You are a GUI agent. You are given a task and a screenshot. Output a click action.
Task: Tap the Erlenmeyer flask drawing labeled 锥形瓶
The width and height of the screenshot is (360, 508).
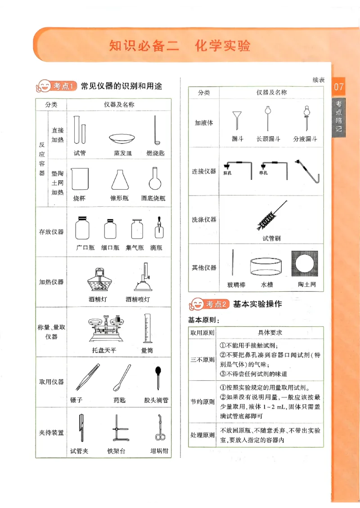tap(119, 180)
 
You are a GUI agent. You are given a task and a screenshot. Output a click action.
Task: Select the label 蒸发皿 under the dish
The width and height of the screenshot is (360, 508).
tap(123, 153)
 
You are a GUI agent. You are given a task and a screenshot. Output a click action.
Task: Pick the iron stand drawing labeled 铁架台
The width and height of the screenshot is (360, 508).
tap(118, 430)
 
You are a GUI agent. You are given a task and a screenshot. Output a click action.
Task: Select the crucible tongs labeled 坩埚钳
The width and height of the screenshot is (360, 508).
tap(159, 428)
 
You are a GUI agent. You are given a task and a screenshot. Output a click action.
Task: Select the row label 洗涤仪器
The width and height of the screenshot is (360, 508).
tap(204, 220)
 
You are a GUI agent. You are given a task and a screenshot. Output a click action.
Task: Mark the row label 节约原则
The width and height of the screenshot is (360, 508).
tap(202, 401)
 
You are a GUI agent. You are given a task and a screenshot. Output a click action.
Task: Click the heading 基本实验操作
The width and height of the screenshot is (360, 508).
tap(257, 304)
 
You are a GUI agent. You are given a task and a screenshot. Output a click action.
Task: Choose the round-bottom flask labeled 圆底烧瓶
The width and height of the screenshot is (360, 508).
tap(154, 178)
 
